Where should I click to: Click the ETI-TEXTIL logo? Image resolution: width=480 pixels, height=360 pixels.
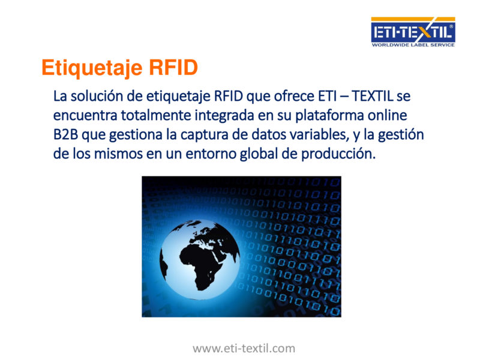[413, 32]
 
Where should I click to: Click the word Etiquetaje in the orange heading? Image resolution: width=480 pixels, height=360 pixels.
[92, 68]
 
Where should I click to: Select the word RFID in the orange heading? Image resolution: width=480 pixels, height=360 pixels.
[173, 67]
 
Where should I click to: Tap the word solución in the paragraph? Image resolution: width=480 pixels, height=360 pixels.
[97, 96]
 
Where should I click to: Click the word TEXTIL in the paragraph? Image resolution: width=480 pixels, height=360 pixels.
[372, 96]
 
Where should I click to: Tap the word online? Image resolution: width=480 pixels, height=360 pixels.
[387, 115]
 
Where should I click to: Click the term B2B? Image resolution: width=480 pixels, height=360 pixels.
[65, 134]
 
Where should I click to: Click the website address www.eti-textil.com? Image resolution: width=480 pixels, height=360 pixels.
[244, 349]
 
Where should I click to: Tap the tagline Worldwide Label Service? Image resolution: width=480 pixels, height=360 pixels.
[413, 44]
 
